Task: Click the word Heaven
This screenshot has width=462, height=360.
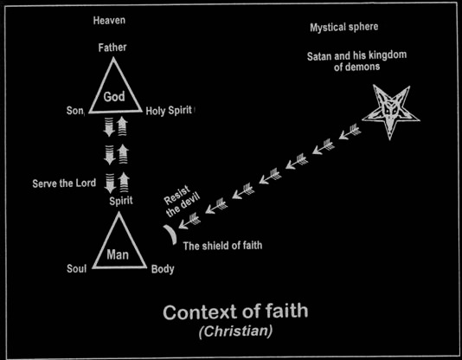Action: point(109,20)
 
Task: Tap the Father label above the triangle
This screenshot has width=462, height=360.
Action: point(112,48)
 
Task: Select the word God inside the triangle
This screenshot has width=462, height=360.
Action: point(114,97)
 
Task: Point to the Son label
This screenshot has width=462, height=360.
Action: point(75,111)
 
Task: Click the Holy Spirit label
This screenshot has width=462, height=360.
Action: point(169,111)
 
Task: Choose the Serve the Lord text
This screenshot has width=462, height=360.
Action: point(64,183)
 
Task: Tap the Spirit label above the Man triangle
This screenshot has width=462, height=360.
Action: point(121,201)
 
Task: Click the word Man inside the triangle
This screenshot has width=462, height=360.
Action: point(118,254)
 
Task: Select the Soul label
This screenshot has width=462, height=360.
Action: point(77,268)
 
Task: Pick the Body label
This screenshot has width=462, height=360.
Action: point(163,269)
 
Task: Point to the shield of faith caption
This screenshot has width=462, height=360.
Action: point(222,246)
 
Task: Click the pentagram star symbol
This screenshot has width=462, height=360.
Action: point(391,111)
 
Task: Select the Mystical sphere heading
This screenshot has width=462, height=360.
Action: point(343,28)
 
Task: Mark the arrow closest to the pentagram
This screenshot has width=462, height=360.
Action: point(350,132)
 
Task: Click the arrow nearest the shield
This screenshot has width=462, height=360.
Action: point(189,222)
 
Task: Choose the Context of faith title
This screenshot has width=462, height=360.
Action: point(235,312)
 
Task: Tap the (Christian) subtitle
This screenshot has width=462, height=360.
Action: point(235,331)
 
